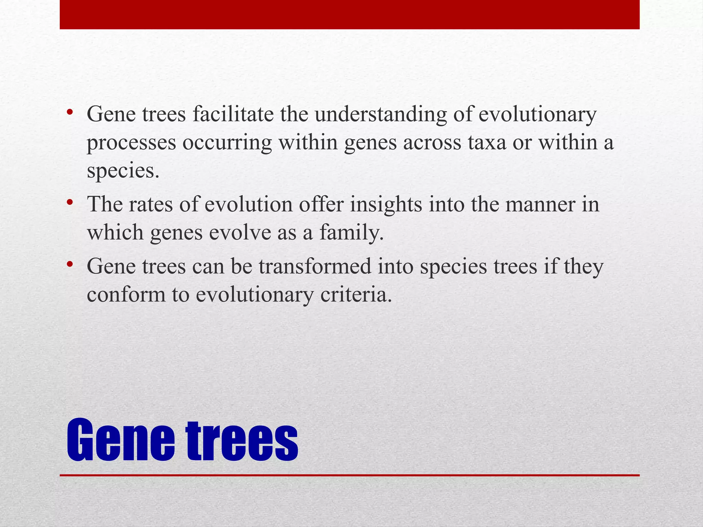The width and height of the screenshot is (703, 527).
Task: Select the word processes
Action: [x=131, y=143]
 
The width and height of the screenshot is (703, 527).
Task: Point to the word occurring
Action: [x=227, y=143]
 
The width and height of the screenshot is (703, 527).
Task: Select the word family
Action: [x=351, y=233]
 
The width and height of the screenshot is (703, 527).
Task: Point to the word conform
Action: [x=126, y=295]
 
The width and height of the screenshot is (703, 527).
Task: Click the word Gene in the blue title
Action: [x=121, y=441]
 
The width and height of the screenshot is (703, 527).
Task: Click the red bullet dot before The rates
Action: [x=70, y=203]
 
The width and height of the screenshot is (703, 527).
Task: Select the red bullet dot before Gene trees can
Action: [x=70, y=265]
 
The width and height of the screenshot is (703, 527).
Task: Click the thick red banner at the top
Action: [x=349, y=14]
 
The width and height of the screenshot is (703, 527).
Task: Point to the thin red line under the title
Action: [x=349, y=475]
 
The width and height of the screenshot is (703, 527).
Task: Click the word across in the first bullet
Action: [x=432, y=143]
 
